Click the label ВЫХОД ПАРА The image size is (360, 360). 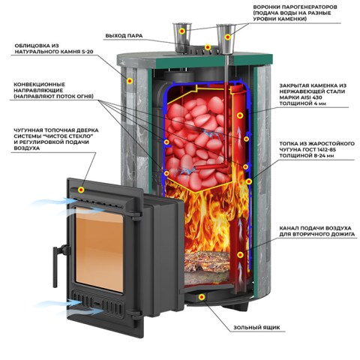124,36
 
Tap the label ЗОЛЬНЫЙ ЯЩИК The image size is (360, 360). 256,328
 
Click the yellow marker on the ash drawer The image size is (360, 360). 202,297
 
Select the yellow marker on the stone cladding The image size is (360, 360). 130,81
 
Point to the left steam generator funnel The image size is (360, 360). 182,37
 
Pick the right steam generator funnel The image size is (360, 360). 226,39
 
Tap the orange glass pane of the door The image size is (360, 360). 99,248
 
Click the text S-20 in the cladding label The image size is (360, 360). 86,52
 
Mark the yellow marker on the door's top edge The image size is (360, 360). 81,190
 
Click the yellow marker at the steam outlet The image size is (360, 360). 207,47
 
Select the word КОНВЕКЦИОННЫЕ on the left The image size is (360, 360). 39,85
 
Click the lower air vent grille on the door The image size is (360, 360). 97,304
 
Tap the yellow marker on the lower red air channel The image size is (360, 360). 240,255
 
